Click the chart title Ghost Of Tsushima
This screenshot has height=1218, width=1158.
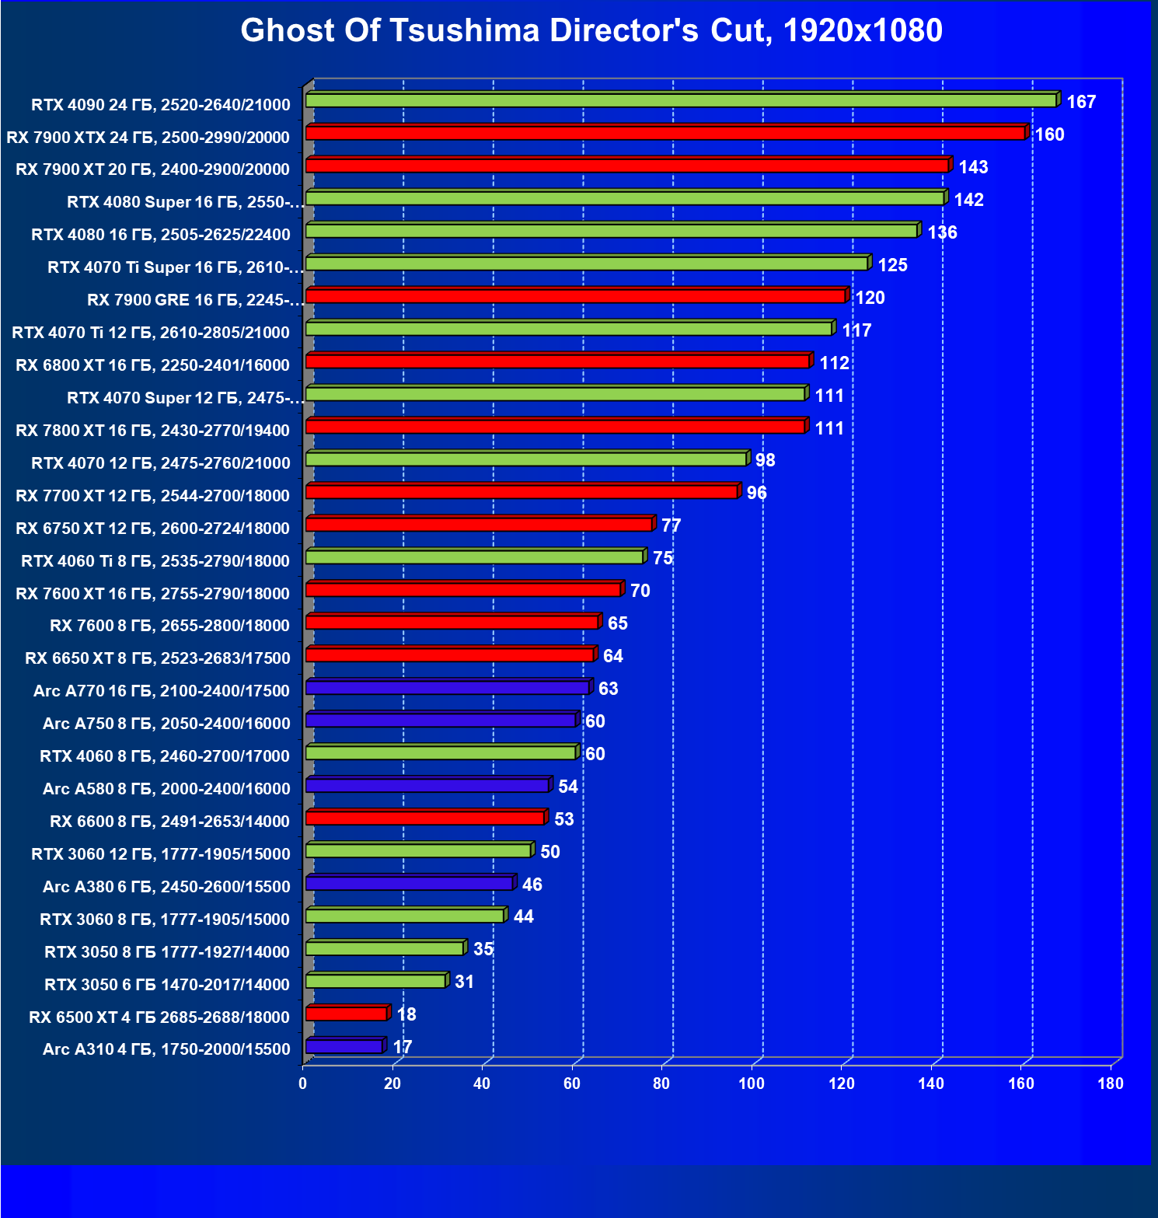pos(591,31)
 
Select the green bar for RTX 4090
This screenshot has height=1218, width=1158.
pos(681,101)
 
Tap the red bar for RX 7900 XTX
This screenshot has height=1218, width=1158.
pos(665,134)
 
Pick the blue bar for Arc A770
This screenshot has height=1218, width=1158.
pos(448,688)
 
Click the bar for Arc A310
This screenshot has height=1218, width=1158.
pos(344,1047)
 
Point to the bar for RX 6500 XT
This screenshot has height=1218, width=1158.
pos(347,1014)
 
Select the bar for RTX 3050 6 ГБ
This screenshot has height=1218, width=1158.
pos(376,982)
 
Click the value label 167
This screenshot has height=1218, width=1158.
pos(1081,102)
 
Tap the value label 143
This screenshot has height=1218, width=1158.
pos(973,167)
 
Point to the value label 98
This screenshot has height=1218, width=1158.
pos(766,460)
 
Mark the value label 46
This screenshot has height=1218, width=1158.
pos(532,885)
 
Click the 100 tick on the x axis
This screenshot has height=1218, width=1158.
pos(752,1084)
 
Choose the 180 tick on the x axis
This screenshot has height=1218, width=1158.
pos(1111,1084)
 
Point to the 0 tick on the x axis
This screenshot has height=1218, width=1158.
pos(303,1084)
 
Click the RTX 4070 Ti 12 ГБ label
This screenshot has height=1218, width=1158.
pos(151,333)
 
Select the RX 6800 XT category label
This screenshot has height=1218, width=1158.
pos(152,365)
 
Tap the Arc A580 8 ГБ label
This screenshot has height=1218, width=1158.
pos(166,789)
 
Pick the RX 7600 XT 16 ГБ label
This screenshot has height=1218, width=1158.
pos(152,594)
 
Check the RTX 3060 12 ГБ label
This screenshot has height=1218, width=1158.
pos(160,854)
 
